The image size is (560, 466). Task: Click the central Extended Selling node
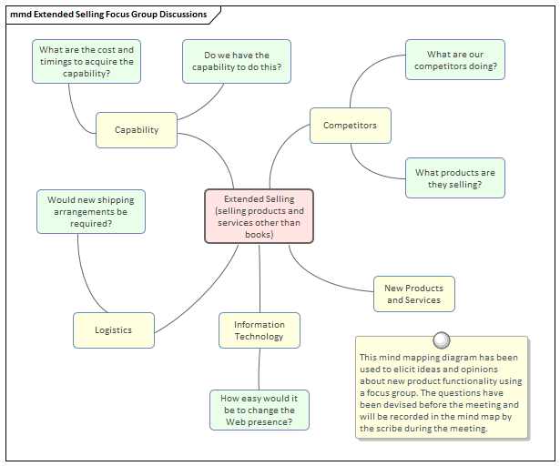(260, 217)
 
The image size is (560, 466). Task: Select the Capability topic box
(137, 130)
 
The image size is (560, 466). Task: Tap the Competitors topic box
(350, 126)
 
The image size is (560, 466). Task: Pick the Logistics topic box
(114, 330)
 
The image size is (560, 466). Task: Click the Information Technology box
(260, 330)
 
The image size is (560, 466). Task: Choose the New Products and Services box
(413, 294)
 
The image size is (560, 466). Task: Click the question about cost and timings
(87, 61)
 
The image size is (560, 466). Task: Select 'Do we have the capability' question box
(237, 61)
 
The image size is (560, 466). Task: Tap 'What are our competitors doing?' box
(454, 61)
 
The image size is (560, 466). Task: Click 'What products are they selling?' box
(454, 178)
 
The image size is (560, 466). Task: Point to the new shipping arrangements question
(90, 211)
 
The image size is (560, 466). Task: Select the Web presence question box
(260, 410)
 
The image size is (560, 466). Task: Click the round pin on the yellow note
(442, 340)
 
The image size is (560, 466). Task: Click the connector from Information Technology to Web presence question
(260, 369)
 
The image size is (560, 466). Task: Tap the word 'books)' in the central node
(260, 234)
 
